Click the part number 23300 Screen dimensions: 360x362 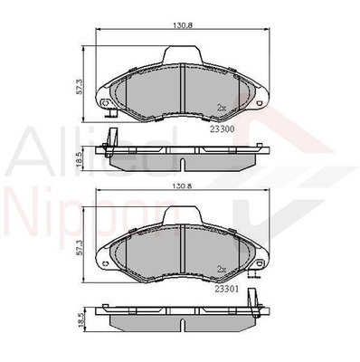(x=223, y=129)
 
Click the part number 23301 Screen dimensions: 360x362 (x=227, y=289)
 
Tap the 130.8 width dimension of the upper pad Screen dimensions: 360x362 (x=183, y=25)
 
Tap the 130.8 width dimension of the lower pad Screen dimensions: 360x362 (x=183, y=186)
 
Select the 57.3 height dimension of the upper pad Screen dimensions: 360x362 (x=80, y=88)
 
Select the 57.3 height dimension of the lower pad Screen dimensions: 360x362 (x=80, y=248)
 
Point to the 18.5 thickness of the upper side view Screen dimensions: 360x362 (x=80, y=161)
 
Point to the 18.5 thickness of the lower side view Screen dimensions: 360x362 (x=80, y=320)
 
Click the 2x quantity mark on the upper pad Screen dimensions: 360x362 (x=222, y=108)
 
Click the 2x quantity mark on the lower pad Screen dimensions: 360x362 (x=222, y=268)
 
